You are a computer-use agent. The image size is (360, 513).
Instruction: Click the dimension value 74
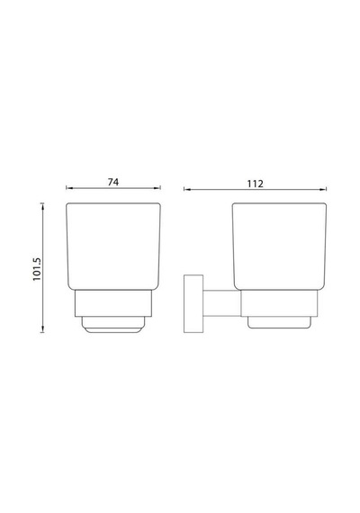[x=113, y=182]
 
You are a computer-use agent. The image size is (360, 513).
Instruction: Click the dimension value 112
[x=255, y=184]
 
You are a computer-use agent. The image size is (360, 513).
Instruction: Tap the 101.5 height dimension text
[x=37, y=269]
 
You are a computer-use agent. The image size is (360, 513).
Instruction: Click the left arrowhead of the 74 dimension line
[x=68, y=188]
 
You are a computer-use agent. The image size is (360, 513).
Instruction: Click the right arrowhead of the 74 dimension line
[x=158, y=188]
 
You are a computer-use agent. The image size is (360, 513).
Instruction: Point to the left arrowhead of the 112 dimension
[x=186, y=189]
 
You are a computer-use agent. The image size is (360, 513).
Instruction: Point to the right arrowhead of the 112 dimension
[x=324, y=189]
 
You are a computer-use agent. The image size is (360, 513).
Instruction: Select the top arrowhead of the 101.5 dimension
[x=42, y=205]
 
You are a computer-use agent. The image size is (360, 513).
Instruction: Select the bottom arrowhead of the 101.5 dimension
[x=42, y=329]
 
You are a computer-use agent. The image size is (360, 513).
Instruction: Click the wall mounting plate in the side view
[x=193, y=304]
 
